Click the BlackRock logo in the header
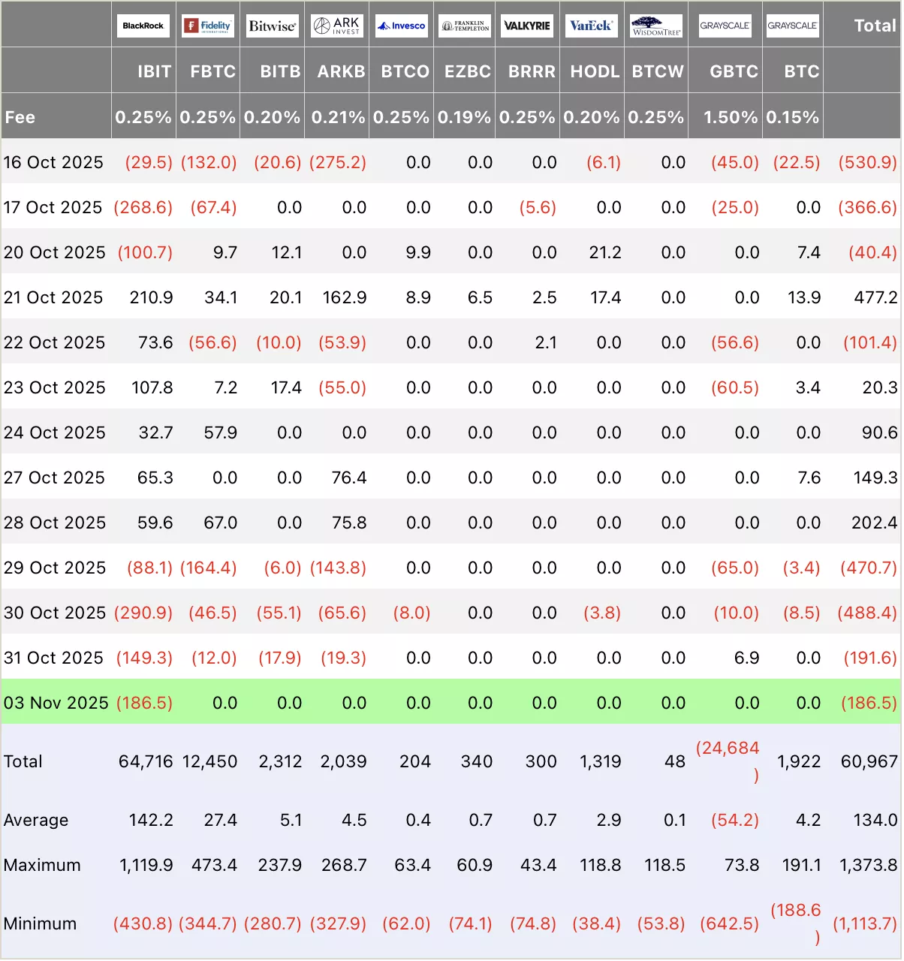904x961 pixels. pyautogui.click(x=143, y=26)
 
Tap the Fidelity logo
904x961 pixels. pyautogui.click(x=208, y=26)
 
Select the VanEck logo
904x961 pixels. pyautogui.click(x=591, y=26)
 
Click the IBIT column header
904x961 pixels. pyautogui.click(x=154, y=71)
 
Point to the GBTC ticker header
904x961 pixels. pyautogui.click(x=734, y=71)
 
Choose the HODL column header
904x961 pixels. pyautogui.click(x=595, y=71)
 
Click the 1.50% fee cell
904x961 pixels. pyautogui.click(x=730, y=117)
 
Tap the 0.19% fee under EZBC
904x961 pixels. pyautogui.click(x=464, y=117)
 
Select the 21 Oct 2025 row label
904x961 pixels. pyautogui.click(x=53, y=297)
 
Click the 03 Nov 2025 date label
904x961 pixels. pyautogui.click(x=56, y=703)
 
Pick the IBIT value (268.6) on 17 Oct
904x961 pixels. pyautogui.click(x=143, y=207)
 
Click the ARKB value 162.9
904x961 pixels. pyautogui.click(x=345, y=297)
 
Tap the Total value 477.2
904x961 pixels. pyautogui.click(x=875, y=297)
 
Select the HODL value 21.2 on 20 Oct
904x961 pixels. pyautogui.click(x=605, y=252)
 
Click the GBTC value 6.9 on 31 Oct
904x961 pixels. pyautogui.click(x=746, y=658)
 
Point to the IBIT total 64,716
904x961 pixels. pyautogui.click(x=146, y=761)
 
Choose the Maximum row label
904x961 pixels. pyautogui.click(x=42, y=865)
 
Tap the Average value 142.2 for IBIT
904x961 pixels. pyautogui.click(x=151, y=820)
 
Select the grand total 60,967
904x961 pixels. pyautogui.click(x=869, y=761)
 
